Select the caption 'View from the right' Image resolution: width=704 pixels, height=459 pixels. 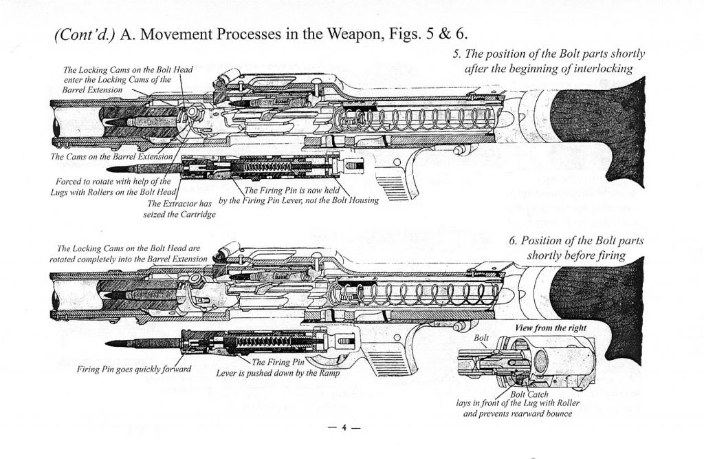551,328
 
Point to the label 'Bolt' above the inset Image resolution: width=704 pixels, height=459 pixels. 482,338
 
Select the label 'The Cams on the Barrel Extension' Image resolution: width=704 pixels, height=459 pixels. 110,157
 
